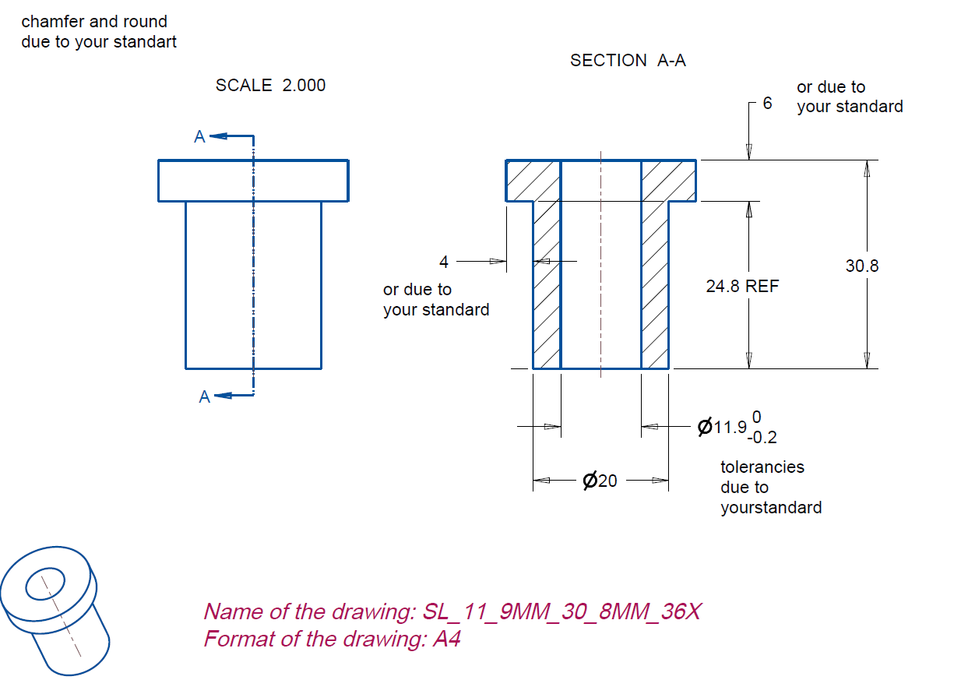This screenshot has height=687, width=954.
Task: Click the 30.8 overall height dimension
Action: [x=861, y=266]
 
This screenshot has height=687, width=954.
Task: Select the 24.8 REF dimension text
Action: [x=741, y=286]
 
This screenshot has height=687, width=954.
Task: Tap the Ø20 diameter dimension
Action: [x=600, y=481]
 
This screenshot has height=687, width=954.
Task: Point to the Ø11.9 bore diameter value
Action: [x=723, y=427]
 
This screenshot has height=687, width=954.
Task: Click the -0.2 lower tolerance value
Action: [x=762, y=439]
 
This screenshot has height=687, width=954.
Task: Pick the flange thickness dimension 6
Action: [x=767, y=103]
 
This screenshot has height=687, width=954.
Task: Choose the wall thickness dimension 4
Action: [x=444, y=261]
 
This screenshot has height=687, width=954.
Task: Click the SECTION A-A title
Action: [x=628, y=60]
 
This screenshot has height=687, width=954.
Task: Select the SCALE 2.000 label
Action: [x=270, y=85]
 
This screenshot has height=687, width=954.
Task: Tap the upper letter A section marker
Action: [x=199, y=137]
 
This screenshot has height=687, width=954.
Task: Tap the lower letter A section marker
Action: [x=204, y=396]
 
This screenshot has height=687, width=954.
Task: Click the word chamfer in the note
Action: [x=48, y=21]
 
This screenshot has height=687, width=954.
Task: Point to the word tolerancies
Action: [x=762, y=467]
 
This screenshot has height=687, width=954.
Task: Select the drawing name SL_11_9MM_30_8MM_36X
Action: [x=561, y=611]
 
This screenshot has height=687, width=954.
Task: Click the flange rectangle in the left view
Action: [x=253, y=181]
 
